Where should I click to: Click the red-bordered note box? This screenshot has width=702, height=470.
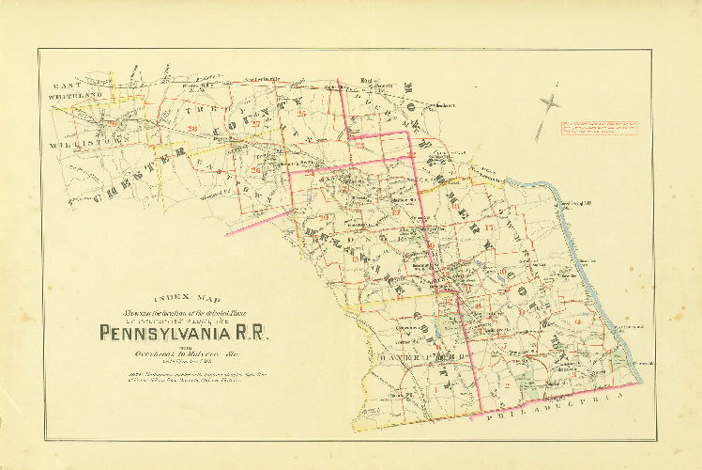click(x=602, y=128)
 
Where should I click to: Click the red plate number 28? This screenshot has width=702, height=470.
click(x=191, y=129)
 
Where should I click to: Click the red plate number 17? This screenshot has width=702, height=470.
click(x=489, y=227)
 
